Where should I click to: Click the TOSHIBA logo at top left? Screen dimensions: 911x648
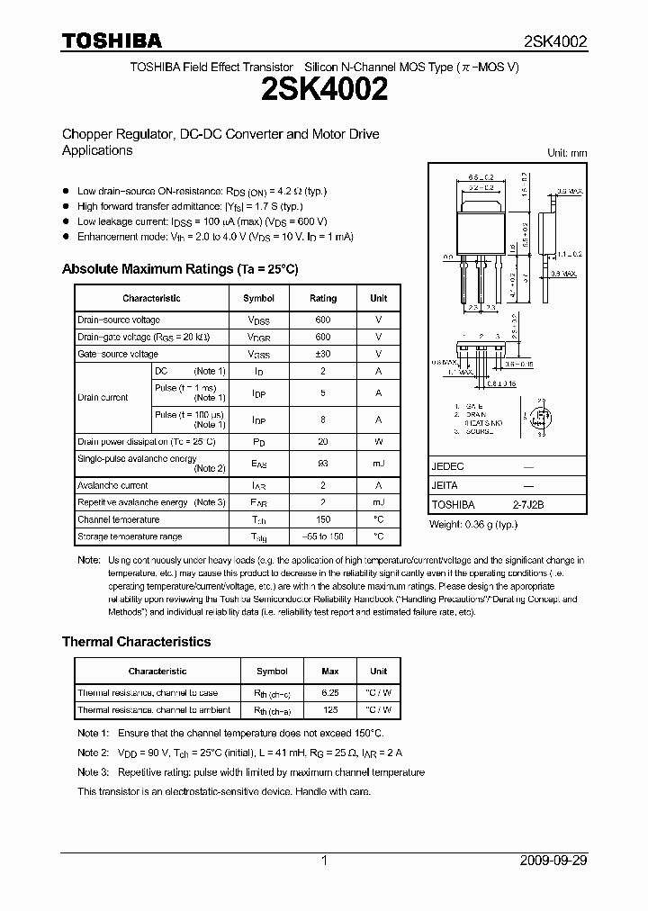(112, 41)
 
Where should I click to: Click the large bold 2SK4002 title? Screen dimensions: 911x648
(324, 92)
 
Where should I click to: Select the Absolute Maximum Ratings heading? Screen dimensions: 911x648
(179, 269)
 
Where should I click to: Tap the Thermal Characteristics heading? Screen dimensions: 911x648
(136, 642)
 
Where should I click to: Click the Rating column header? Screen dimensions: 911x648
(323, 298)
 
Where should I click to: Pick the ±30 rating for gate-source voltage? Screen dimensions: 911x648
(323, 355)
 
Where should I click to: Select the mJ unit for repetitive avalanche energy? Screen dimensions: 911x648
(379, 502)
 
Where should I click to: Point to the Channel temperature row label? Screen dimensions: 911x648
(119, 519)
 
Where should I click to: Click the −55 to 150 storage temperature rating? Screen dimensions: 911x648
(323, 537)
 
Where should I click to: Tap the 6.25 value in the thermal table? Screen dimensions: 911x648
(330, 693)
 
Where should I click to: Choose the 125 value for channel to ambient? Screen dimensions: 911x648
(330, 710)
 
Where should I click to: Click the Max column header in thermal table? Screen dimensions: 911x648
(330, 672)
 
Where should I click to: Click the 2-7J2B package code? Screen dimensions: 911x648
(528, 506)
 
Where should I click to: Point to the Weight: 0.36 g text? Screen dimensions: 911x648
(473, 524)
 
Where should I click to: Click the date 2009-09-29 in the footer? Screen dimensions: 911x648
(554, 861)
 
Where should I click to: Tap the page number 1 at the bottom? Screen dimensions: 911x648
(324, 861)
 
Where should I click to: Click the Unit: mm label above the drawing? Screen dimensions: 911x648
(567, 153)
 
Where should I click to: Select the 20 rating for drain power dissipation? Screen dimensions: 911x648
(323, 442)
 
